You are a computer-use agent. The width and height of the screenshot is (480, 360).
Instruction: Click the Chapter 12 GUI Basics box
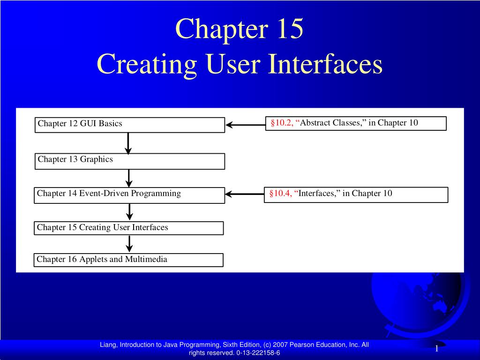click(x=130, y=125)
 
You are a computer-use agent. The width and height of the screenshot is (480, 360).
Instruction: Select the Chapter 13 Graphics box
click(x=130, y=161)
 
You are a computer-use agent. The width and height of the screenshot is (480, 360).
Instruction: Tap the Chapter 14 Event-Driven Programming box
click(x=129, y=195)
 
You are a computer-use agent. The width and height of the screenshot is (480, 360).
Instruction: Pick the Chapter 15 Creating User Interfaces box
click(x=129, y=228)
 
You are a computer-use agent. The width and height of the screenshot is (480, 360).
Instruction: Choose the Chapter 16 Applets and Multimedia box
click(x=128, y=260)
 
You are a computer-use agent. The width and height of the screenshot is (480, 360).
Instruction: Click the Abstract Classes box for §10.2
click(x=356, y=123)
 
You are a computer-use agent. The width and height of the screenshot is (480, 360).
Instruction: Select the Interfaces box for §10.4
click(x=356, y=195)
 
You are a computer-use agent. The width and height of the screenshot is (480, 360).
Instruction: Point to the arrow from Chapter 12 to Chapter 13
click(x=128, y=143)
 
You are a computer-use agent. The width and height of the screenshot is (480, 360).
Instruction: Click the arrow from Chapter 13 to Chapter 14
click(x=129, y=178)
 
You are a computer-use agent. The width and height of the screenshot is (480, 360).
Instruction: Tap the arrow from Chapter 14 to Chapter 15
click(x=130, y=212)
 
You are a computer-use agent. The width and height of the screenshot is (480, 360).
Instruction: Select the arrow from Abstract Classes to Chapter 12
click(x=245, y=125)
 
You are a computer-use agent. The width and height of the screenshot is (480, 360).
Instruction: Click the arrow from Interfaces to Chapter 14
click(x=244, y=194)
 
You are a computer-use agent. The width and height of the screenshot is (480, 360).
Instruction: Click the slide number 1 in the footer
click(x=436, y=348)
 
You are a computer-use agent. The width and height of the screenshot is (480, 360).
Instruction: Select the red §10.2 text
click(x=282, y=123)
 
